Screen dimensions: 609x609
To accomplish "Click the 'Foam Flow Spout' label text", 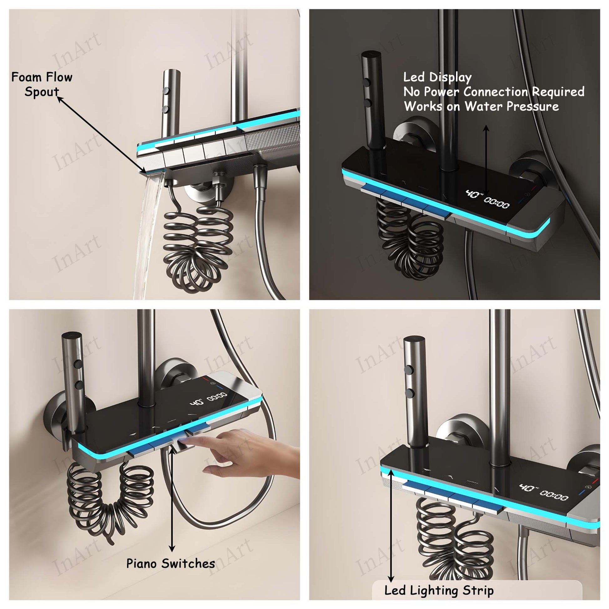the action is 42,84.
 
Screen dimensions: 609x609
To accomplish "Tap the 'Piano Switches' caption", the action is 171,563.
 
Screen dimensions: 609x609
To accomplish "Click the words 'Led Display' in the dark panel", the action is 438,77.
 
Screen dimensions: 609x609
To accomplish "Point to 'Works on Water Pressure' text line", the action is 481,106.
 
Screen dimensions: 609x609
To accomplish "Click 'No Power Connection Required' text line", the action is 494,92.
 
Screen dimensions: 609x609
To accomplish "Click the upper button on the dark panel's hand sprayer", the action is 366,83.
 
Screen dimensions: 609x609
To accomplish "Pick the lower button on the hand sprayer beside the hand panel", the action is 79,385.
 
